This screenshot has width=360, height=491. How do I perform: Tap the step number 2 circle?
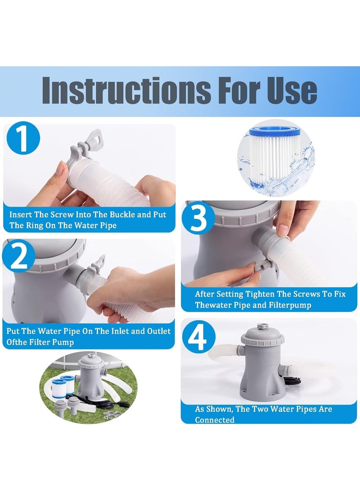coord(19,255)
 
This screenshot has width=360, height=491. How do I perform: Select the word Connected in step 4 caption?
coord(215,420)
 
